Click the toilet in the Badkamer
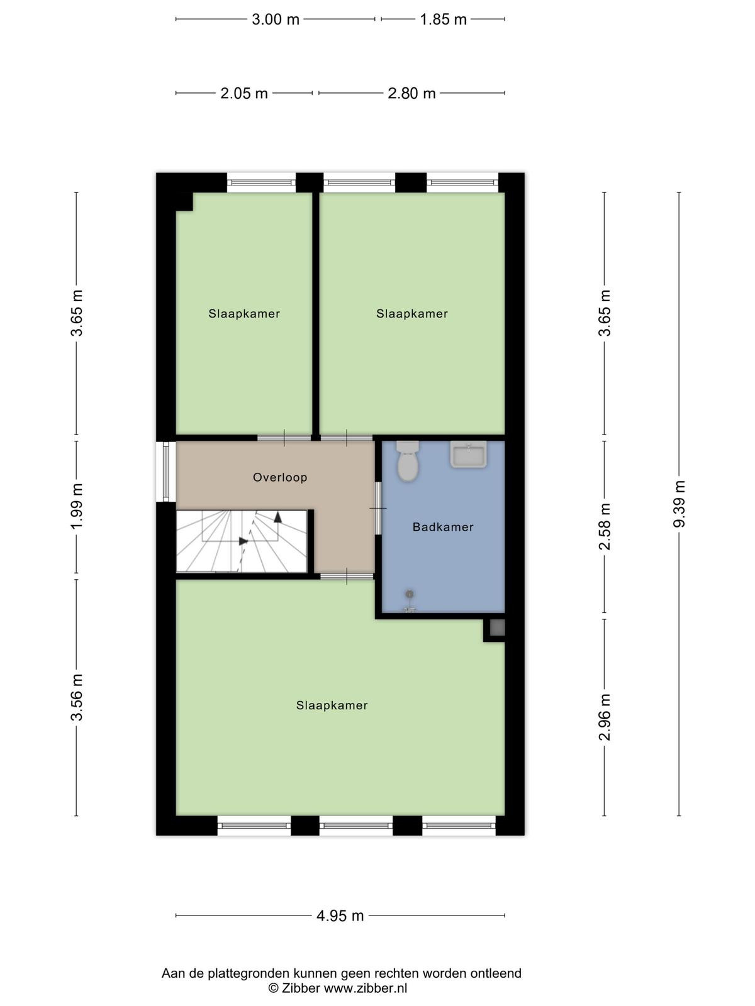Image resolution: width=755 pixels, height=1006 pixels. [408, 461]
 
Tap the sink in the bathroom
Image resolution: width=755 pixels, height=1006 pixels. [468, 454]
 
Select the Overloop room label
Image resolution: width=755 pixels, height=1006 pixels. [280, 477]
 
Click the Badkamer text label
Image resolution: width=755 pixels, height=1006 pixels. [443, 527]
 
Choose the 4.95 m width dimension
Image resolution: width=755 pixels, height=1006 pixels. [340, 915]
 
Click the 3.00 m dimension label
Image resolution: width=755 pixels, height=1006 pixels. [276, 19]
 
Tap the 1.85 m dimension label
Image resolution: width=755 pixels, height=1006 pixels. [444, 19]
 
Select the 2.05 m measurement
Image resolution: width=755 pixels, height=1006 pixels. [244, 93]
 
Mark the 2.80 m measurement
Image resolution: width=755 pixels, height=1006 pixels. [411, 93]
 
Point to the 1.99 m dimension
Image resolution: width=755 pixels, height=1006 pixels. [77, 506]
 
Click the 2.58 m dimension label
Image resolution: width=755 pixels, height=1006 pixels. [605, 526]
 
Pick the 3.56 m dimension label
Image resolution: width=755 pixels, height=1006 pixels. [77, 697]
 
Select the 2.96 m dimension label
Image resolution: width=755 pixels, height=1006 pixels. [605, 717]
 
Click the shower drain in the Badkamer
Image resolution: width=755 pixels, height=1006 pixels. [410, 594]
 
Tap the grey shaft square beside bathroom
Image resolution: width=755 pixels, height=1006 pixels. [497, 627]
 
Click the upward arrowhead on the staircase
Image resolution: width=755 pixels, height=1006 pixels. [278, 517]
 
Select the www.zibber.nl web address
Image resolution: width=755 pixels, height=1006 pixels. [366, 988]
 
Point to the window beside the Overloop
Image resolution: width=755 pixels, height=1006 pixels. [166, 471]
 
